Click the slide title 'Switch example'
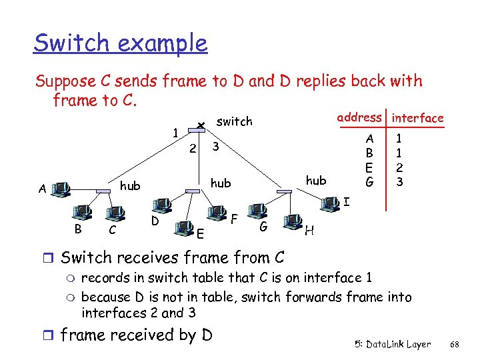pyautogui.click(x=121, y=43)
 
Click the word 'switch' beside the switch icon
pyautogui.click(x=235, y=121)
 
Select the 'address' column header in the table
pyautogui.click(x=359, y=117)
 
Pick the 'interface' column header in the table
pyautogui.click(x=418, y=118)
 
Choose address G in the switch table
pyautogui.click(x=369, y=181)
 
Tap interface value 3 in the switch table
pyautogui.click(x=399, y=181)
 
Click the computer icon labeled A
pyautogui.click(x=61, y=189)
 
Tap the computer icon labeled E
pyautogui.click(x=183, y=229)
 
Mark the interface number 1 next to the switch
pyautogui.click(x=175, y=133)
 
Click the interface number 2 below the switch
pyautogui.click(x=192, y=149)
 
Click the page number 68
pyautogui.click(x=455, y=345)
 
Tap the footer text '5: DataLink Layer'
pyautogui.click(x=393, y=345)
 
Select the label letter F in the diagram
pyautogui.click(x=235, y=218)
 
